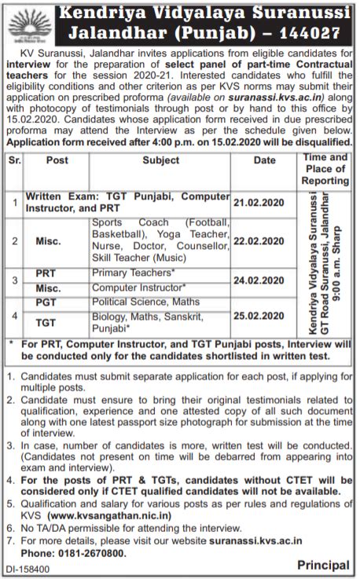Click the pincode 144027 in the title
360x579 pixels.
pos(310,34)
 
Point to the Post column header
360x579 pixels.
pos(57,160)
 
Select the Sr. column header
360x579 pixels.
pos(13,160)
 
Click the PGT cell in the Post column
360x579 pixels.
pos(46,302)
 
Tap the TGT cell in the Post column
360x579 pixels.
pos(46,322)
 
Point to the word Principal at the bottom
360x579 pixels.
pos(324,565)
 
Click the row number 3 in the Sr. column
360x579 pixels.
pos(13,280)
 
